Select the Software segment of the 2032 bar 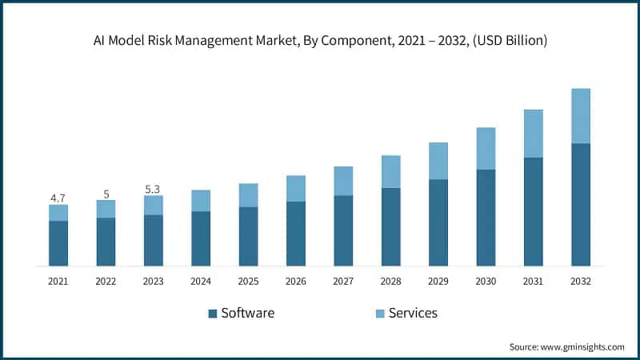pos(581,205)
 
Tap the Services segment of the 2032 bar pos(581,116)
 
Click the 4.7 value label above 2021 pos(58,196)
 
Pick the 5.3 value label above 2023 pos(153,188)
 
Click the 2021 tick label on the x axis pos(58,282)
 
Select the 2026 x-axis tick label pos(296,282)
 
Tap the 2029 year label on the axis pos(438,282)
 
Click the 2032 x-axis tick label pos(581,282)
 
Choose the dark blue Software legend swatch pos(213,314)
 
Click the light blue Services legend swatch pos(380,314)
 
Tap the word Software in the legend pos(247,313)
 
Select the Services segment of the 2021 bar pos(58,213)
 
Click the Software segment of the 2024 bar pos(201,238)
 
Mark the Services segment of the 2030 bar pos(486,149)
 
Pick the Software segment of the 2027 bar pos(343,230)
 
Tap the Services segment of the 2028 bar pos(390,171)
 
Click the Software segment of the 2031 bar pos(534,212)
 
